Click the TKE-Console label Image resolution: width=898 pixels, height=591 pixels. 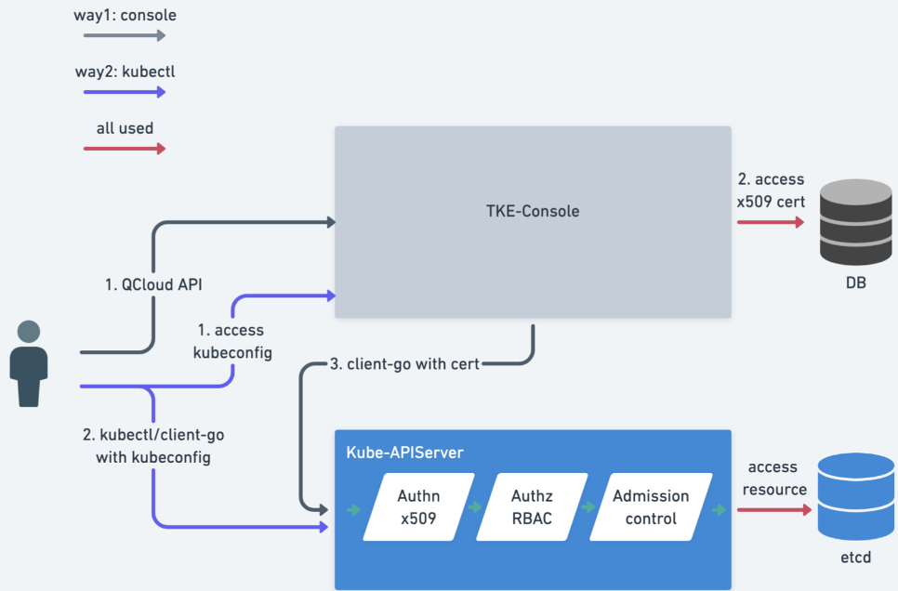pos(533,211)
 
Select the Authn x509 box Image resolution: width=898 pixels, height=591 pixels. pos(418,506)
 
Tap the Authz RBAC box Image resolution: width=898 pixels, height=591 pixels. pos(532,506)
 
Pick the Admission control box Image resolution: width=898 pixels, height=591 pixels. pos(651,506)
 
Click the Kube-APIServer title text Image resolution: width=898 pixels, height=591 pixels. pos(405,453)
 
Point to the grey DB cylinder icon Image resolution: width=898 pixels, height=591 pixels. pos(855,222)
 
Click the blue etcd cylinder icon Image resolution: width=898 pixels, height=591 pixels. pos(855,496)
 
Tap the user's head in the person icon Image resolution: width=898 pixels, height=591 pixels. pos(29,332)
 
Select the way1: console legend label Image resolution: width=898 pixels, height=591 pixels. pos(125,15)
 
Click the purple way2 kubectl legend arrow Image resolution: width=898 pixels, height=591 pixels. pos(125,92)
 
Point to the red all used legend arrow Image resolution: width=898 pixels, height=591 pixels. pos(125,149)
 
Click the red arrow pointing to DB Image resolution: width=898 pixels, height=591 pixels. pos(771,222)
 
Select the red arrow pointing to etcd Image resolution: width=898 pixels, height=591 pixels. pos(774,509)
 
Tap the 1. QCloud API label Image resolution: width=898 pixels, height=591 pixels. pos(153,284)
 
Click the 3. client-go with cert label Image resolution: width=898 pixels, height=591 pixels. pos(404,364)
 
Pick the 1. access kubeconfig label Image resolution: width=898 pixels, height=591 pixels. pos(232,341)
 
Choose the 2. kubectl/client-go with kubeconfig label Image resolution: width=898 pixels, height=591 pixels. pos(153,446)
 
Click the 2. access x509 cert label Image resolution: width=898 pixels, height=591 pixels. pos(771,190)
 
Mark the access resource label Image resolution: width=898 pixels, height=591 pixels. pos(774,479)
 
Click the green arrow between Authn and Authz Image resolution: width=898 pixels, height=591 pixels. pos(475,506)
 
